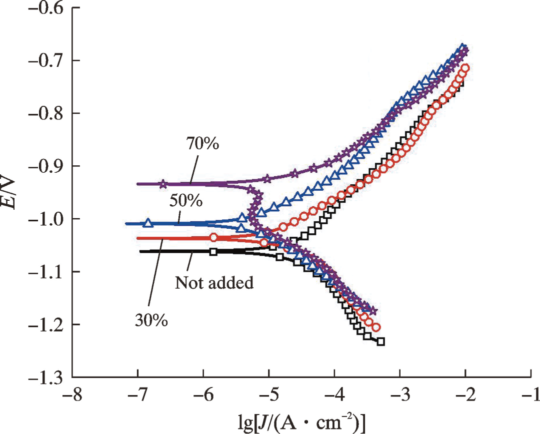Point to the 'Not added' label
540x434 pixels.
(x=214, y=283)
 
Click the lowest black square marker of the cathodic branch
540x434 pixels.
(x=381, y=342)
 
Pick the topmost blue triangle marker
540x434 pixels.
(x=463, y=47)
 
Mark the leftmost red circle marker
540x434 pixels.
(x=214, y=237)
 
